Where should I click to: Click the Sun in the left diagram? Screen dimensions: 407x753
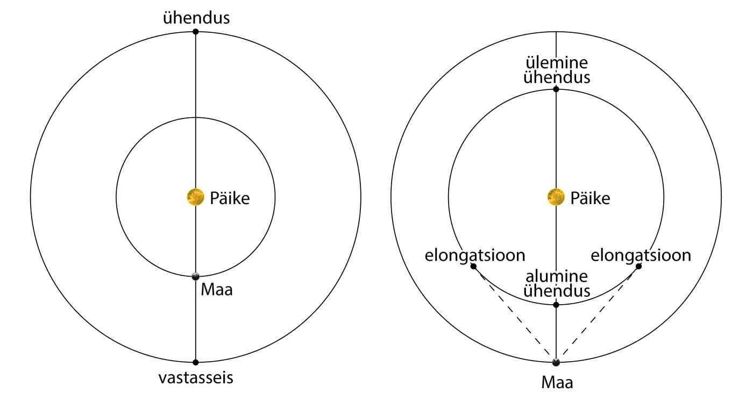click(x=195, y=198)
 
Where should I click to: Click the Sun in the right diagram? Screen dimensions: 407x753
click(x=556, y=198)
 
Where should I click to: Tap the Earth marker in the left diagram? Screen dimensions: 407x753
click(x=195, y=276)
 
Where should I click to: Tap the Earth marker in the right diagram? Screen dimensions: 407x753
click(x=556, y=362)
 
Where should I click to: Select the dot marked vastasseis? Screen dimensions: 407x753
click(x=195, y=362)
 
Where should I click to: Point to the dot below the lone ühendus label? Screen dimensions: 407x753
click(x=195, y=32)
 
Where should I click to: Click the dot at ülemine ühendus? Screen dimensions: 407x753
click(x=556, y=89)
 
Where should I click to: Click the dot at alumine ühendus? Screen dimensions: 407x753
click(x=556, y=305)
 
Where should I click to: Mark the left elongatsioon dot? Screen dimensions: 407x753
click(x=473, y=266)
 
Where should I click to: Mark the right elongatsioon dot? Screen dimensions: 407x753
click(x=638, y=266)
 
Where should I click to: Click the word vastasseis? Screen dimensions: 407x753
click(x=196, y=378)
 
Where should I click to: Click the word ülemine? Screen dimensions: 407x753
click(x=556, y=61)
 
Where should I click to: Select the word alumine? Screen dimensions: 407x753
click(x=556, y=277)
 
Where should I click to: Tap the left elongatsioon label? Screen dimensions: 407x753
click(x=475, y=255)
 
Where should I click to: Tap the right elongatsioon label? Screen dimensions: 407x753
click(x=641, y=255)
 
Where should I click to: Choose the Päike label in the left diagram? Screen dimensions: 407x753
click(x=230, y=198)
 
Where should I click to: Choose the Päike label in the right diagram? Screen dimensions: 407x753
click(x=590, y=198)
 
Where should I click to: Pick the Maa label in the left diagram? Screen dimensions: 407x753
click(x=217, y=290)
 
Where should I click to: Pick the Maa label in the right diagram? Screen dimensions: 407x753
click(x=557, y=383)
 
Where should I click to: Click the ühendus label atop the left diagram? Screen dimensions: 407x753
click(x=196, y=18)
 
